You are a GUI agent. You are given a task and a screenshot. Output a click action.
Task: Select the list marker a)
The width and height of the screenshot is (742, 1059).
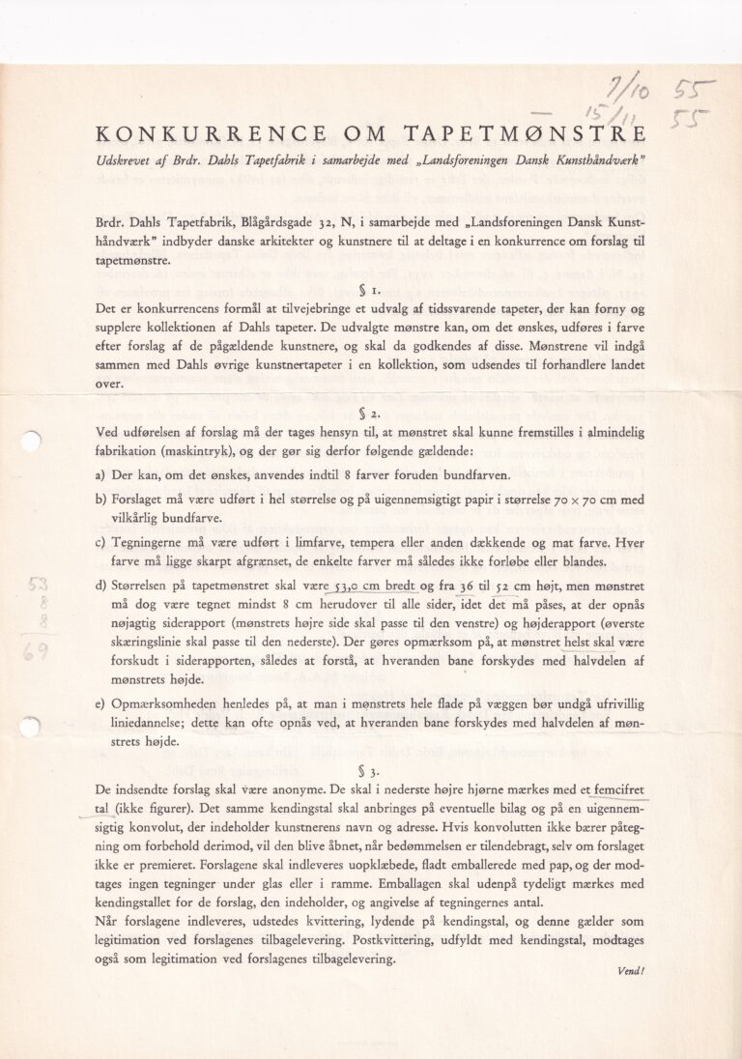[100, 475]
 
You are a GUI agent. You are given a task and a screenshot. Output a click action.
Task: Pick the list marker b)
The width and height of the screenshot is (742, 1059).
[100, 501]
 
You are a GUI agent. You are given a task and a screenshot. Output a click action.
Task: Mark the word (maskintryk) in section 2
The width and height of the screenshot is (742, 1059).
[217, 449]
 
